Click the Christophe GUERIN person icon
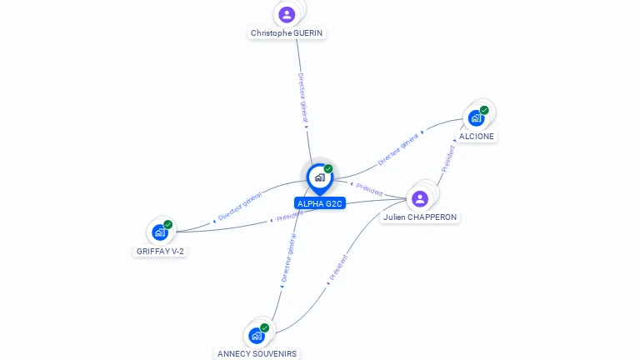tap(287, 14)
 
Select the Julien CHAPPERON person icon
tap(420, 198)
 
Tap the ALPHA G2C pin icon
tap(319, 177)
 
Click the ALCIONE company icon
tap(476, 117)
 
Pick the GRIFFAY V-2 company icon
tap(160, 232)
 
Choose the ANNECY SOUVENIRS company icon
tap(257, 336)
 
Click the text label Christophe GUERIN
tap(287, 33)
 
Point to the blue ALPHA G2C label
tap(319, 203)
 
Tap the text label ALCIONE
tap(477, 136)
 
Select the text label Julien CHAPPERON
tap(420, 217)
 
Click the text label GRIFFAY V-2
tap(160, 251)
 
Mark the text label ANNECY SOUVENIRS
tap(257, 353)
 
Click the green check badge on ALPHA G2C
tap(328, 169)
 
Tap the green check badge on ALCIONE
tap(484, 110)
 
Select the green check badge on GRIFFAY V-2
tap(168, 225)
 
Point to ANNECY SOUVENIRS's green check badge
tap(265, 327)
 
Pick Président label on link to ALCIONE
tap(448, 158)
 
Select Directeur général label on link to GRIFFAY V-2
tap(240, 206)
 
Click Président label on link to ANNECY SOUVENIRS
tap(338, 266)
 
